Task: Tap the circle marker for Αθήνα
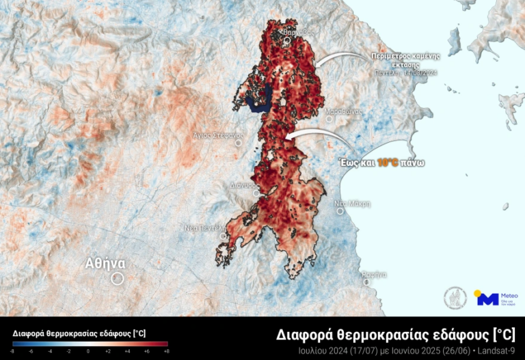click(x=117, y=278)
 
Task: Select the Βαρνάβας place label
click(x=287, y=31)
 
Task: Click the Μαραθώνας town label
click(x=342, y=111)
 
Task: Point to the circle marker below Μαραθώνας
click(x=329, y=119)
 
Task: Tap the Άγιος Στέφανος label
click(x=219, y=135)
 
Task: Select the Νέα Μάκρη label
click(x=352, y=204)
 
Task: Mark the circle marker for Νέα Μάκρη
click(x=340, y=211)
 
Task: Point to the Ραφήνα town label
click(x=375, y=274)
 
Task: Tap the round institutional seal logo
click(x=455, y=298)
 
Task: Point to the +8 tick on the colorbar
click(x=166, y=350)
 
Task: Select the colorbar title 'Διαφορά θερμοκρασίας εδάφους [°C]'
click(x=79, y=333)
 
